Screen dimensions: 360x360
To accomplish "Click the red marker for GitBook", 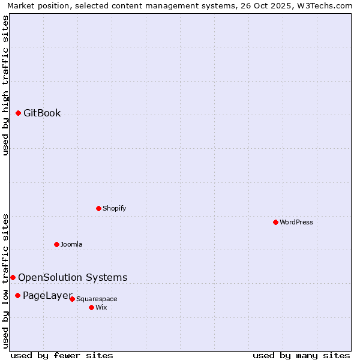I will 18,113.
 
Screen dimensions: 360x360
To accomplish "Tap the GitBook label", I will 42,113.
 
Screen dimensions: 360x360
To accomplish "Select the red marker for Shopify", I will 98,208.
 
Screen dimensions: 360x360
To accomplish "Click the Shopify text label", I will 114,208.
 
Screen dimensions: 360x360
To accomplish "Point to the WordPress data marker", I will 275,222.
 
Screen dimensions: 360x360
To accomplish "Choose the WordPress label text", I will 296,222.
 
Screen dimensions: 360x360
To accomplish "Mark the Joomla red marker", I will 56,244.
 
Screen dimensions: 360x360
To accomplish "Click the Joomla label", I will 71,244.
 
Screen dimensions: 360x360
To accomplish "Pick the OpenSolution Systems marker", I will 13,277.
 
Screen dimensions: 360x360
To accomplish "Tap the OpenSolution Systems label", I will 73,277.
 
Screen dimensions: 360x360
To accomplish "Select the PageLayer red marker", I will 17,295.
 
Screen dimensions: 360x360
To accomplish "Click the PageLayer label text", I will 47,295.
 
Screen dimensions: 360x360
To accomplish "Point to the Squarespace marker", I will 72,299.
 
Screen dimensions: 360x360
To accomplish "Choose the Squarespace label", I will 97,299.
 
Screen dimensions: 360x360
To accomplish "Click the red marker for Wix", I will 91,307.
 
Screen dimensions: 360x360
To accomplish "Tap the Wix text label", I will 101,307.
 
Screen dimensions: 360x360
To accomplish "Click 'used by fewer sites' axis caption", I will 62,355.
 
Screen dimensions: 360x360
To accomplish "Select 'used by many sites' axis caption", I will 301,355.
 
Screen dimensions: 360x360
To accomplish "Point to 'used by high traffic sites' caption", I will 5,85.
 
